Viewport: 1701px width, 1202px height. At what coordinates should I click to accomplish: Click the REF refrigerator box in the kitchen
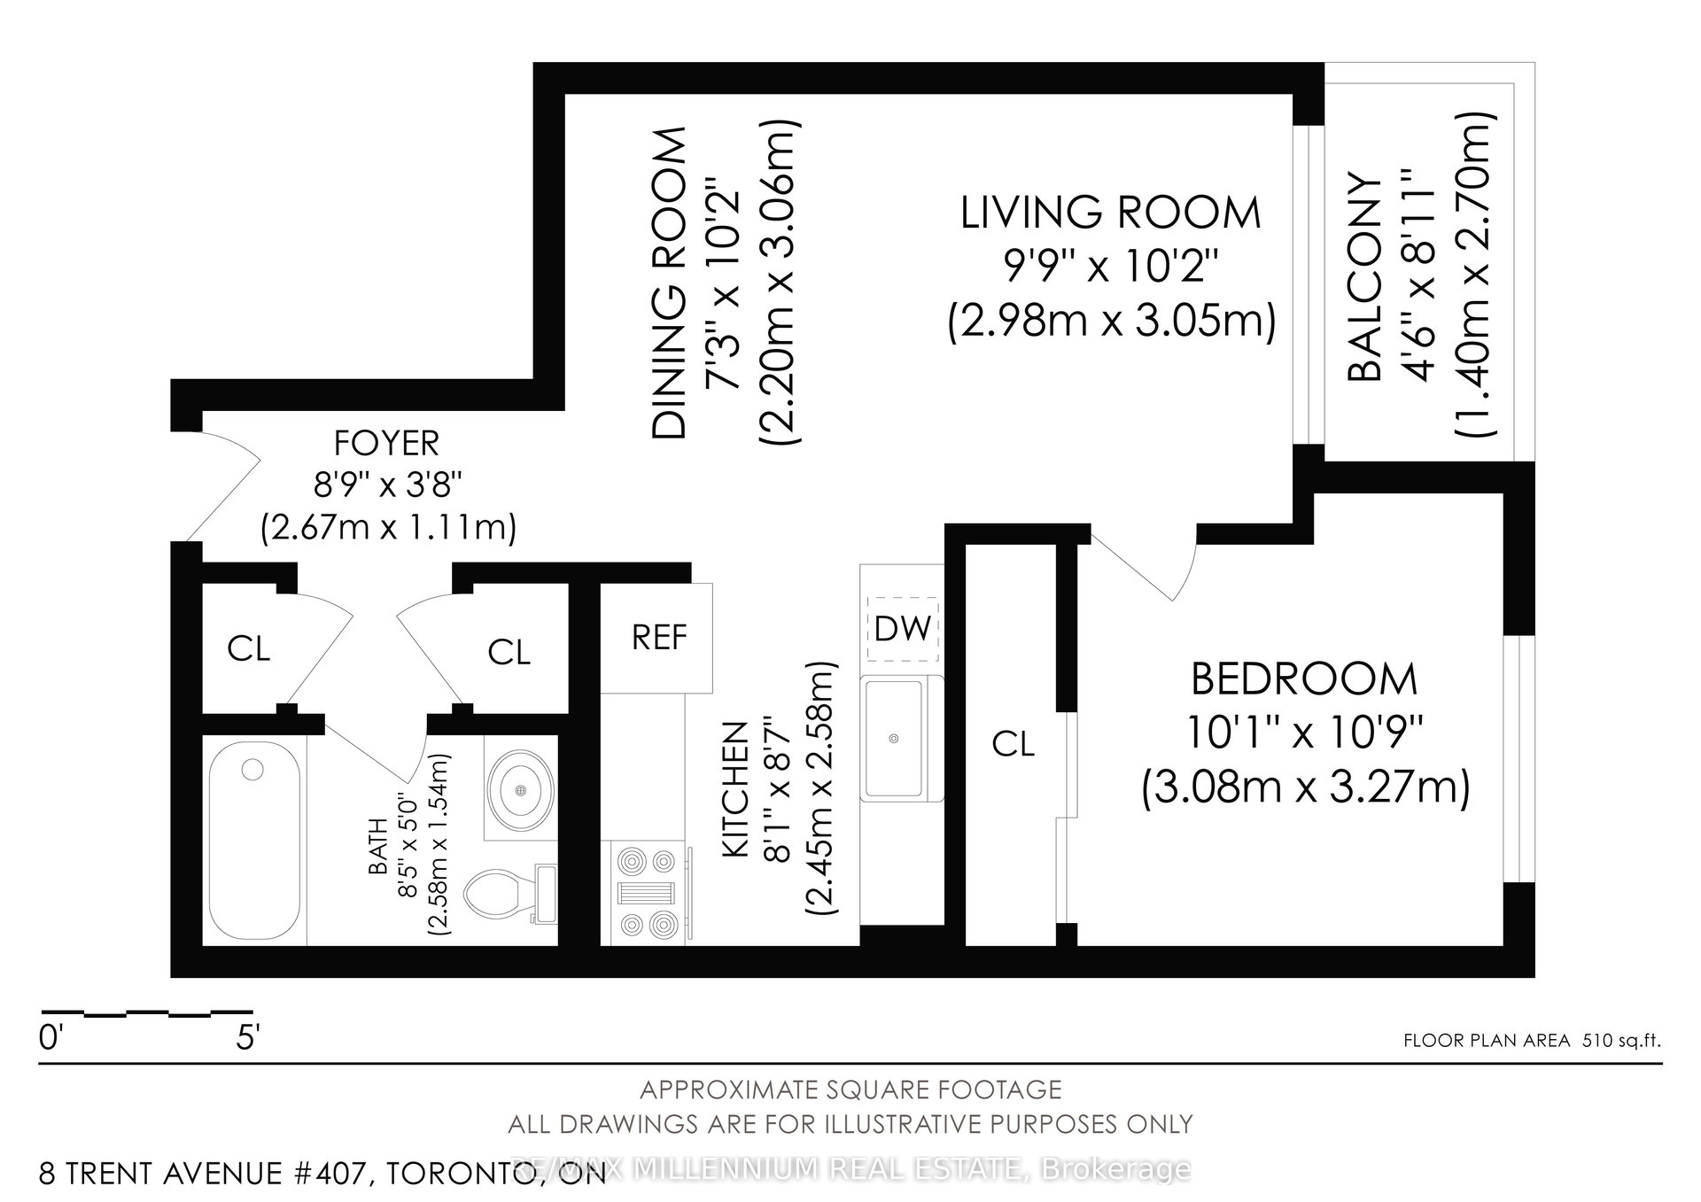[x=657, y=638]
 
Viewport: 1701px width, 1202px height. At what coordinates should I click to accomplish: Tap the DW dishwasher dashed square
[x=902, y=628]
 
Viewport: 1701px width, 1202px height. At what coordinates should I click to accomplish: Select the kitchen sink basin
[x=895, y=738]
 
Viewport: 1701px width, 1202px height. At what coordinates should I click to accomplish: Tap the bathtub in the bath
[x=255, y=840]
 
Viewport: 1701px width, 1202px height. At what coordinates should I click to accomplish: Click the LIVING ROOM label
[x=1111, y=213]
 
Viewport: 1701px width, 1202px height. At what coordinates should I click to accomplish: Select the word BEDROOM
[x=1304, y=680]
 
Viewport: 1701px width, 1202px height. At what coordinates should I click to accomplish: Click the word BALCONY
[x=1364, y=278]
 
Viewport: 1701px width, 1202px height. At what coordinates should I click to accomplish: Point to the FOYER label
[x=386, y=442]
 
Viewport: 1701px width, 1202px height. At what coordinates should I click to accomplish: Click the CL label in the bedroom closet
[x=1014, y=744]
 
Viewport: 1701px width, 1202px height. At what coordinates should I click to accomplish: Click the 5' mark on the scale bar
[x=248, y=1037]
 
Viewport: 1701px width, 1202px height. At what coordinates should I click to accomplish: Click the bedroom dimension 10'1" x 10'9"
[x=1304, y=733]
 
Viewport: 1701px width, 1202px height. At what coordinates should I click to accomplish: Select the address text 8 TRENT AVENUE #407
[x=201, y=1175]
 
